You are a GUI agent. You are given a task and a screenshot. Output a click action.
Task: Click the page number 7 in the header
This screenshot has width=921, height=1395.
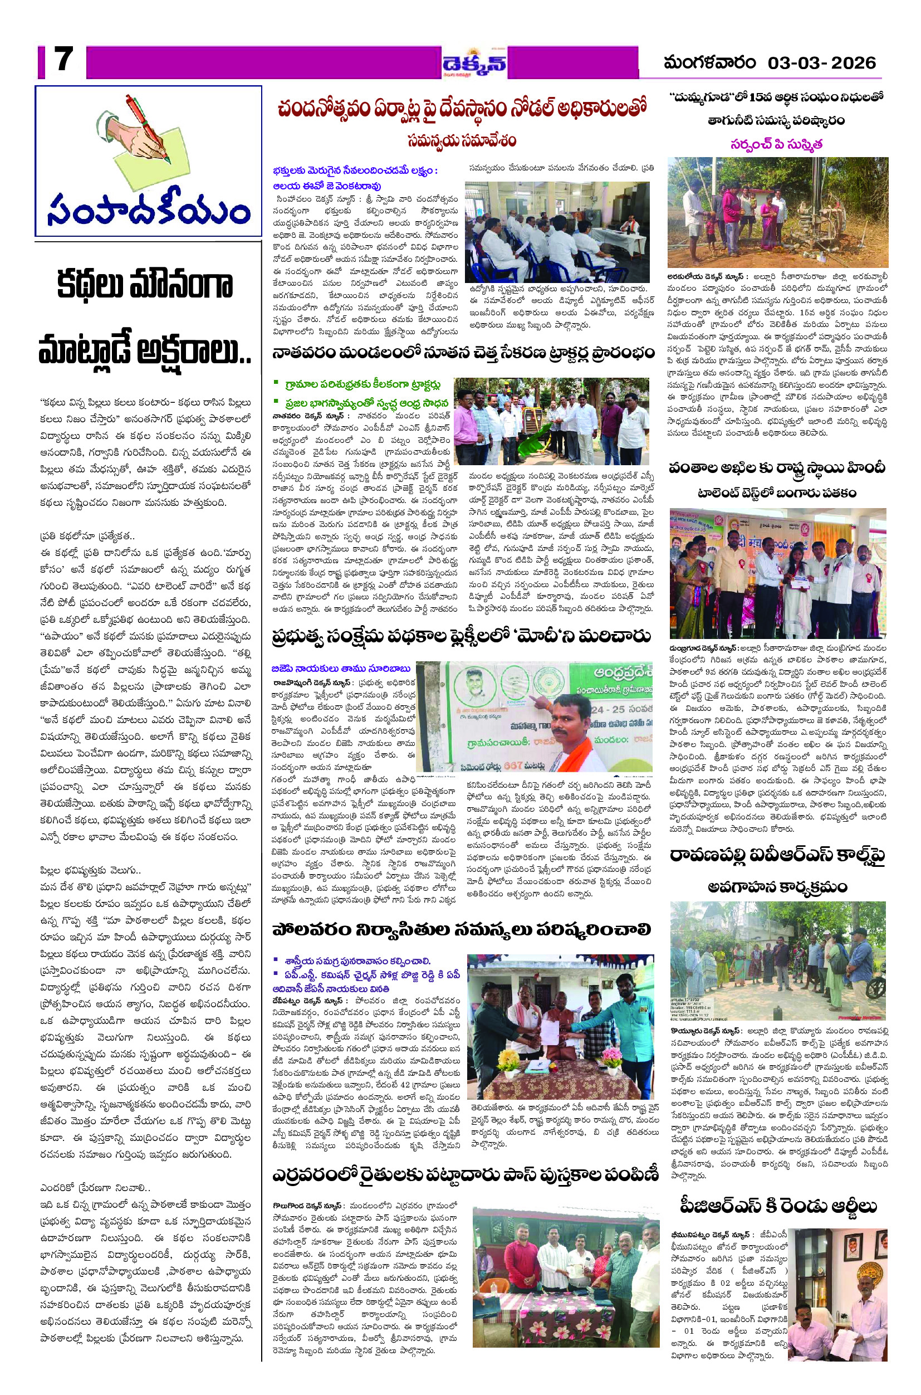pyautogui.click(x=63, y=60)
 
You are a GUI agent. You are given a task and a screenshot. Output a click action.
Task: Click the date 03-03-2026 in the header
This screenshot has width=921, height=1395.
pyautogui.click(x=821, y=63)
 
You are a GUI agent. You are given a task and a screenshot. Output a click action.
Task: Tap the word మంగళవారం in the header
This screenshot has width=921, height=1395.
pyautogui.click(x=709, y=63)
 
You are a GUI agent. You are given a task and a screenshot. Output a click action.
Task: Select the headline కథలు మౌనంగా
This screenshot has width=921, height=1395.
pyautogui.click(x=144, y=285)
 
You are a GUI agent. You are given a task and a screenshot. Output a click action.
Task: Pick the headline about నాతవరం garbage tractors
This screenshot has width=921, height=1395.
pyautogui.click(x=463, y=354)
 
